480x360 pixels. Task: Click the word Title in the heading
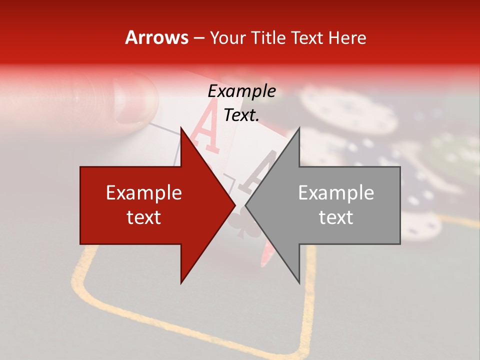[x=270, y=37]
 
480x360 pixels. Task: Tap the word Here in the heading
[x=347, y=37]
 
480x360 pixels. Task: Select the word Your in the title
[x=229, y=38]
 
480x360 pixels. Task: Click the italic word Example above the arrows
[x=241, y=91]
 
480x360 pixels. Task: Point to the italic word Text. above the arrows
[x=241, y=115]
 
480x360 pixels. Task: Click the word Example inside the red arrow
[x=144, y=192]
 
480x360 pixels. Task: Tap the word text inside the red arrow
[x=144, y=217]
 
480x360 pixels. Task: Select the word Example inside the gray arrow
[x=336, y=192]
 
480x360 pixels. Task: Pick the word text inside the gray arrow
[x=336, y=217]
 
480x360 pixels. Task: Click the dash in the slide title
[x=199, y=38]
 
